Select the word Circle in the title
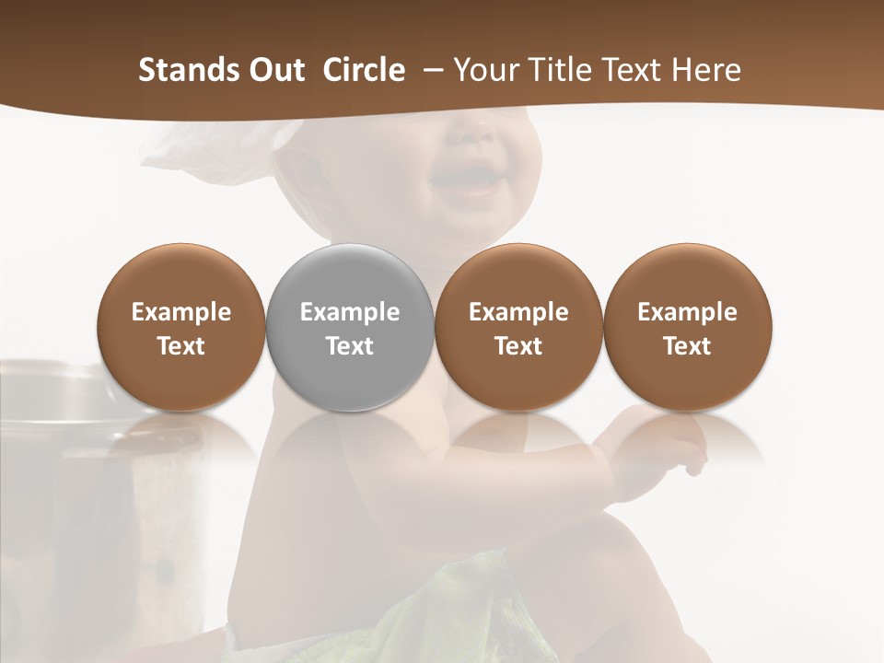pyautogui.click(x=364, y=70)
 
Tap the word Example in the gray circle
pyautogui.click(x=350, y=312)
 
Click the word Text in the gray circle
pyautogui.click(x=350, y=346)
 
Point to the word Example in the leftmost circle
pyautogui.click(x=181, y=312)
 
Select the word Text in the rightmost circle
pyautogui.click(x=687, y=346)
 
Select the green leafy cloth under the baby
pyautogui.click(x=479, y=599)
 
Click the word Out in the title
pyautogui.click(x=275, y=70)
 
